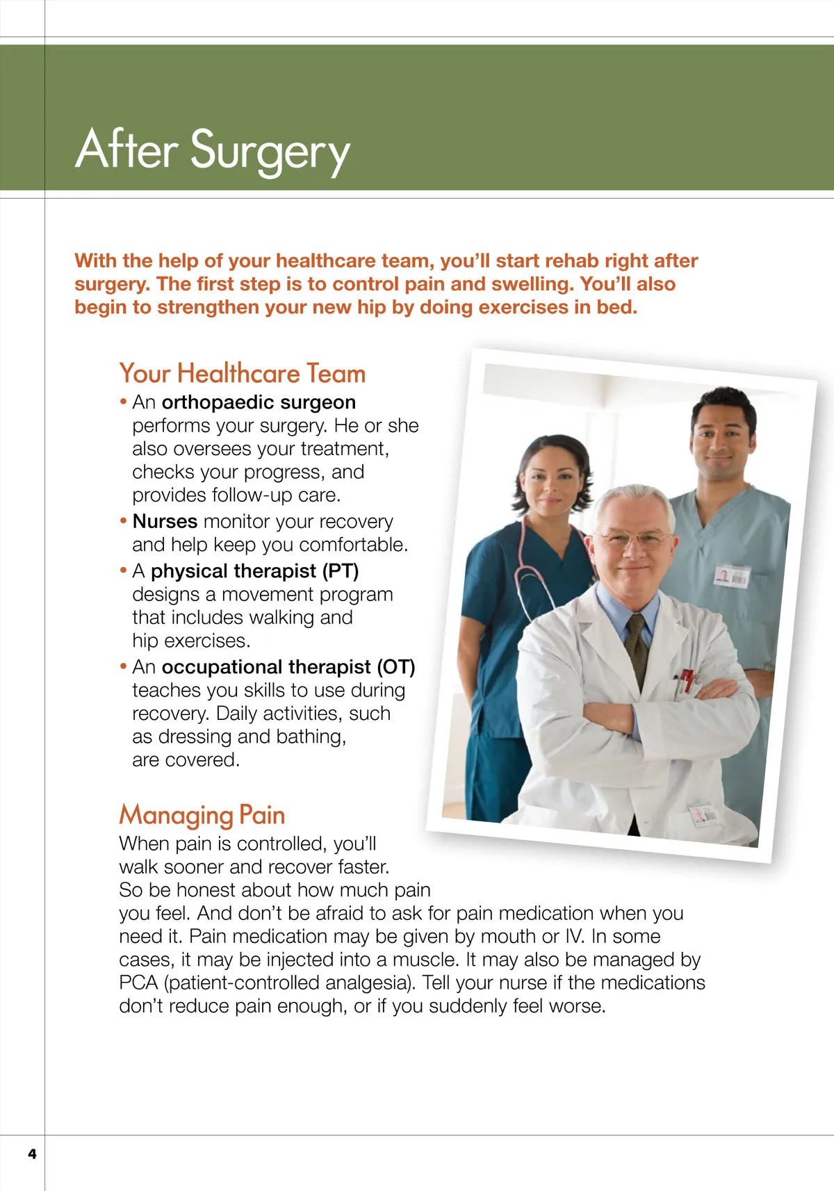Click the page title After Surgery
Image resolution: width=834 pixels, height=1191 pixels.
point(213,150)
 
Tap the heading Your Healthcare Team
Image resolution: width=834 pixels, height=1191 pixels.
point(242,374)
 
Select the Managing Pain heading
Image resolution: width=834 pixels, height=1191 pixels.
point(202,815)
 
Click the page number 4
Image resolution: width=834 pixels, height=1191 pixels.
point(32,1154)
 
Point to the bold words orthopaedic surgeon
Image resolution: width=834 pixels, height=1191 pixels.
point(259,402)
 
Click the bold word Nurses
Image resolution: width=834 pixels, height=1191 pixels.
point(165,521)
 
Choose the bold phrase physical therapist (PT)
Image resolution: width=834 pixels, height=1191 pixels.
point(254,571)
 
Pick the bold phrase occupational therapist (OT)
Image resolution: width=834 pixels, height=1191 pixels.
point(288,667)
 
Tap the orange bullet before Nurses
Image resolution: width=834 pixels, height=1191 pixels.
point(124,521)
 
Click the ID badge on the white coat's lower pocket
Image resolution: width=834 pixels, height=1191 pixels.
point(704,814)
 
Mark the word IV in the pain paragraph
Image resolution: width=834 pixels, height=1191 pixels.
point(573,937)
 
